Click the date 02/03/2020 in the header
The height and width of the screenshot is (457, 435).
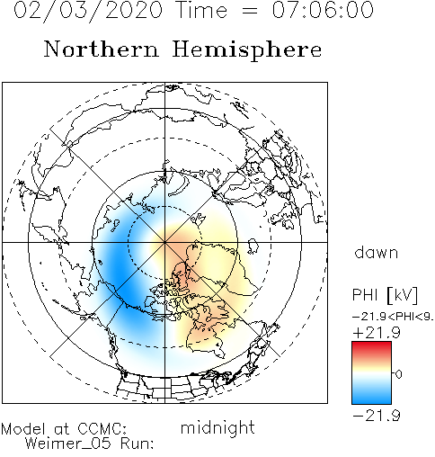[88, 11]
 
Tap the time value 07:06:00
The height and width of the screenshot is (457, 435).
[323, 10]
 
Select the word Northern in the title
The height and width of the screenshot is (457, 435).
[102, 49]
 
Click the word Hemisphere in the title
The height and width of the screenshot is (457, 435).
[247, 49]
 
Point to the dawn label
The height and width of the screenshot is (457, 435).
[377, 252]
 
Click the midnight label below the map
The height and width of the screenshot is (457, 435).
[217, 427]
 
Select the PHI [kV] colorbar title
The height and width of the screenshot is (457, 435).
[385, 295]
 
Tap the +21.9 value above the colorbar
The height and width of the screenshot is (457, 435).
[377, 333]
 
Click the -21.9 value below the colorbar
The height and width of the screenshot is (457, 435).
[377, 416]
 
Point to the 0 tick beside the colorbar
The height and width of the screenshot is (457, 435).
[398, 374]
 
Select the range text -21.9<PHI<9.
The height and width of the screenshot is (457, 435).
[393, 317]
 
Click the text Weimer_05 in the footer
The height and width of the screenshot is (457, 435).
[68, 443]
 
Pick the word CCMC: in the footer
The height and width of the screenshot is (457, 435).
[102, 428]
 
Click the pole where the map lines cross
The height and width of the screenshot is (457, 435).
[164, 242]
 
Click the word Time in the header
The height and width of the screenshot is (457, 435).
[202, 10]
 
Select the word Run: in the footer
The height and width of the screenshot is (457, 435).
[138, 444]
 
